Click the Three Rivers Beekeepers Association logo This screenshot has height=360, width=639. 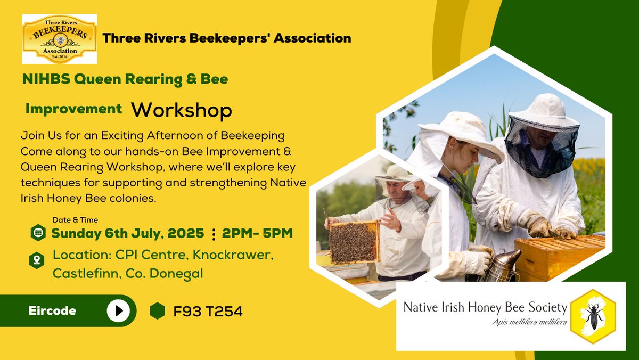point(59,39)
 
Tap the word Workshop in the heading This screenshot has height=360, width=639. point(182,110)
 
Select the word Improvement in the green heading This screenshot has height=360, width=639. point(73,109)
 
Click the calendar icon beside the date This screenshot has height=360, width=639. point(38,233)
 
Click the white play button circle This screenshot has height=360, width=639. point(118,310)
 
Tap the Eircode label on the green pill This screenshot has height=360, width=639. point(52,310)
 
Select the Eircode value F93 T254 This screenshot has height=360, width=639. point(208,311)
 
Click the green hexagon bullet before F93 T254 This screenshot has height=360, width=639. point(158,311)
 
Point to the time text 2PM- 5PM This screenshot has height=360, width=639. point(258,233)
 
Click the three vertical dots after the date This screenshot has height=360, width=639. point(214,234)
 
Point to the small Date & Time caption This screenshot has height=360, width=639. point(75,220)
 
